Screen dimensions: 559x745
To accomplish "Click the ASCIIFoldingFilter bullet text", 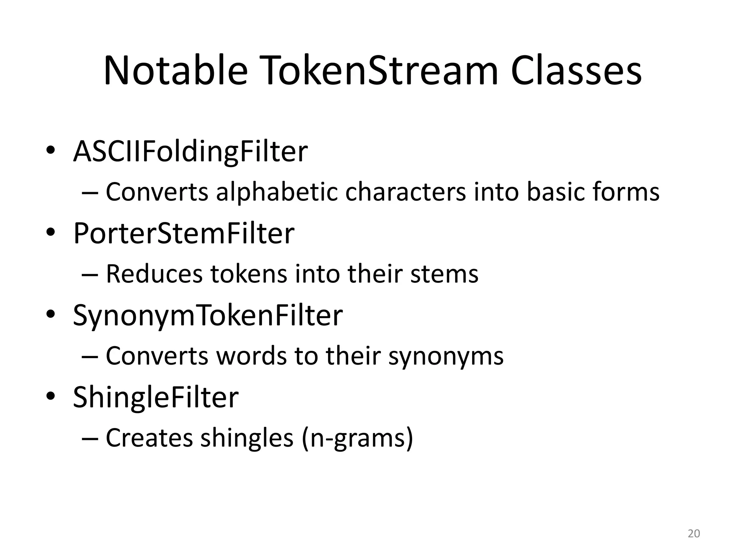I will tap(190, 152).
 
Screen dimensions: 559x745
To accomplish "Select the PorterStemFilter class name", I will tap(184, 233).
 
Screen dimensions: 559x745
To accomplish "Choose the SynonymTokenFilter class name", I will tap(208, 315).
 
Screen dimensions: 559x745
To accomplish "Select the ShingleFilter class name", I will tap(156, 397).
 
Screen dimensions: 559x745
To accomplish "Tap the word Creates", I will tap(149, 438).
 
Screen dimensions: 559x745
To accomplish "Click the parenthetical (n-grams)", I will tap(357, 438).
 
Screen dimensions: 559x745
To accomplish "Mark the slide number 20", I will tap(694, 534).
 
